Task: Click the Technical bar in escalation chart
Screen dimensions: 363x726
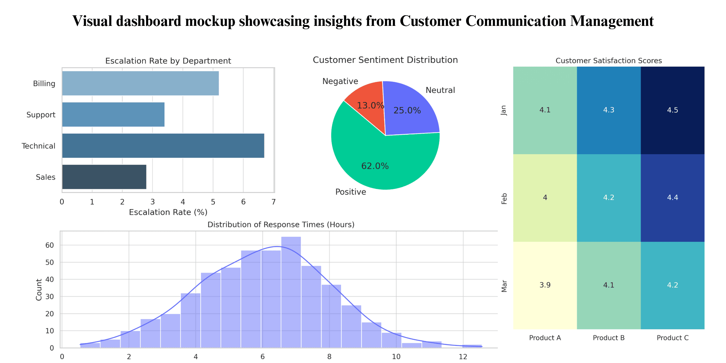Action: pos(163,146)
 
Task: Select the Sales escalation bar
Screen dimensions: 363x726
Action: pos(104,177)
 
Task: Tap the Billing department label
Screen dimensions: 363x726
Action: pos(44,84)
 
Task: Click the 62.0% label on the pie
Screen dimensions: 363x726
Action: pos(375,166)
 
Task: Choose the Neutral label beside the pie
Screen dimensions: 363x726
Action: pos(440,90)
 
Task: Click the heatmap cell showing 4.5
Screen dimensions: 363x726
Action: pos(672,110)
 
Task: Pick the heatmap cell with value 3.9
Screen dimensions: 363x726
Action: pos(545,285)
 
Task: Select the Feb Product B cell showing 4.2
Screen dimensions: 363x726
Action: pos(609,198)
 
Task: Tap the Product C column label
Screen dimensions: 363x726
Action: pos(672,338)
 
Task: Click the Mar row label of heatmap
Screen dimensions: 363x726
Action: pos(504,286)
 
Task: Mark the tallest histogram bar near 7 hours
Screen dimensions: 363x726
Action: pos(291,291)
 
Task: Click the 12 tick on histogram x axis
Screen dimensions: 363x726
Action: pos(463,356)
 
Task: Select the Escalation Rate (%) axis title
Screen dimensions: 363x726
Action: pos(168,212)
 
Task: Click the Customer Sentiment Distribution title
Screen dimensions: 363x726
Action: pos(385,60)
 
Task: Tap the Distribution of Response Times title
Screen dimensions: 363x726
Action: pos(281,225)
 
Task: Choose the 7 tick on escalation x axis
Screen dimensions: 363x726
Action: pos(273,202)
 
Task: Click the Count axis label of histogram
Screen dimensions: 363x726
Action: pos(39,290)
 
